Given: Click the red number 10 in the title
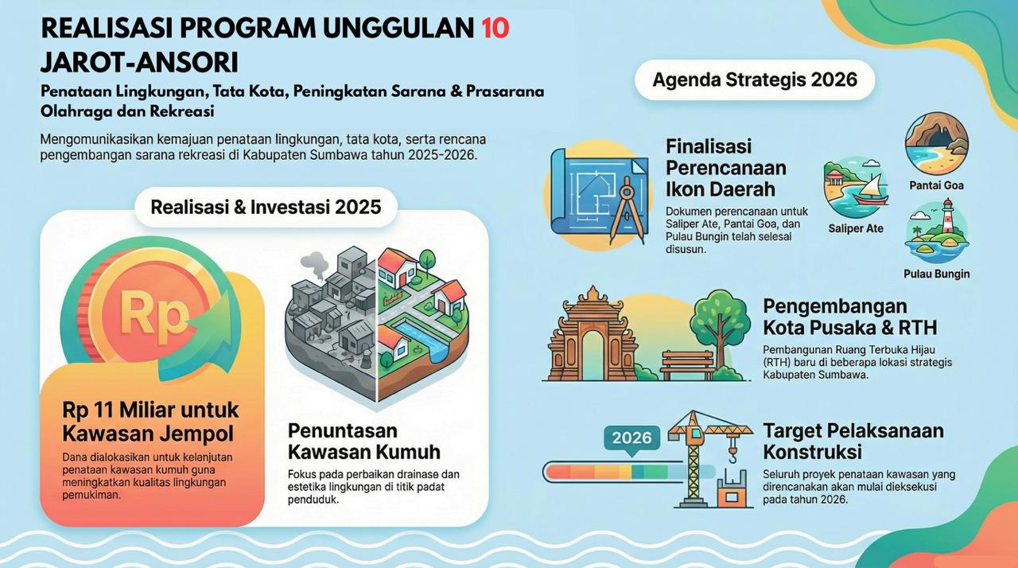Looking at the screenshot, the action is [x=495, y=28].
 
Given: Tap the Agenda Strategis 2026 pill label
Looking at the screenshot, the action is [x=755, y=80].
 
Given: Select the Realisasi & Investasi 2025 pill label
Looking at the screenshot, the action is [x=266, y=207].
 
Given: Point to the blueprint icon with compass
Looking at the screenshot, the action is [x=600, y=196].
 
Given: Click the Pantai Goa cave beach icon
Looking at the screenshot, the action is [x=936, y=143].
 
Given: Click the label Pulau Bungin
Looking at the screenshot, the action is [x=936, y=274].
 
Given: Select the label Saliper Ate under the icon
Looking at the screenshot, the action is [x=856, y=228].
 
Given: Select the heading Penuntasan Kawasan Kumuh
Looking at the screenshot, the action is [x=364, y=442].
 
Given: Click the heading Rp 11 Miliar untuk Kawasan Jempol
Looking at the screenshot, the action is [x=150, y=422].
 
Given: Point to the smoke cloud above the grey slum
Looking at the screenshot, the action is [x=314, y=264].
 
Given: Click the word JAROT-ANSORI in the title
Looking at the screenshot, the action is [x=139, y=63].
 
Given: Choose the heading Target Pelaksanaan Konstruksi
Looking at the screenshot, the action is [x=853, y=442].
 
